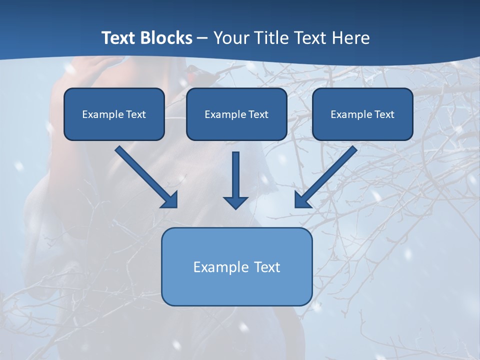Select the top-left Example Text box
click(x=114, y=114)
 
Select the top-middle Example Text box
click(x=236, y=114)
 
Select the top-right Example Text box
click(x=362, y=114)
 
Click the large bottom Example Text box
click(x=236, y=266)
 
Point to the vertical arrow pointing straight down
click(x=235, y=175)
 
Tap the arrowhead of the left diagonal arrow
click(x=170, y=200)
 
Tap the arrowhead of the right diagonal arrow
click(x=302, y=200)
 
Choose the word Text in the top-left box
click(x=135, y=114)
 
